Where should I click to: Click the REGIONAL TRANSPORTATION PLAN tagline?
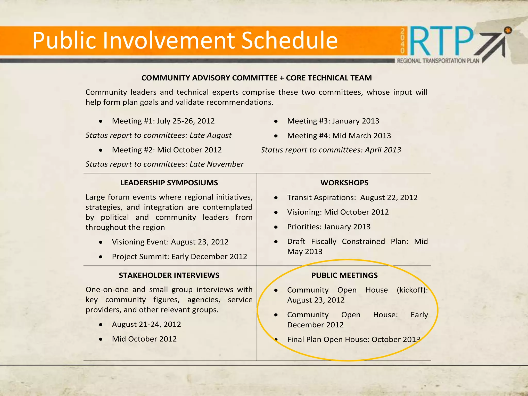[438, 61]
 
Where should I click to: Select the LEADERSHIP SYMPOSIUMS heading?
[169, 183]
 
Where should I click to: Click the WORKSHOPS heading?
[344, 183]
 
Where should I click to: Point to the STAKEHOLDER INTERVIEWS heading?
[169, 275]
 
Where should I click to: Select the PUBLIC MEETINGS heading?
[344, 275]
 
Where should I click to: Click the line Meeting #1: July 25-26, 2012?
[163, 121]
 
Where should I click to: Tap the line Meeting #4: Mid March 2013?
[339, 136]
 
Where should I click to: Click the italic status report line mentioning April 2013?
[331, 150]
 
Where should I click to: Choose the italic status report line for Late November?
[164, 164]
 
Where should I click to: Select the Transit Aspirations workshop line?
[352, 197]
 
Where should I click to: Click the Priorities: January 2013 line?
[329, 227]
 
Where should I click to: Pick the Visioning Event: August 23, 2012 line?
[170, 242]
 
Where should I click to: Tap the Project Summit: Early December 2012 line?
[179, 257]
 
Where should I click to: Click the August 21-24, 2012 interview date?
[146, 324]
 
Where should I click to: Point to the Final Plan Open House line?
[353, 340]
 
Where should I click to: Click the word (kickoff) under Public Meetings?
[412, 290]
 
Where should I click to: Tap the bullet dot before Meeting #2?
[101, 150]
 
